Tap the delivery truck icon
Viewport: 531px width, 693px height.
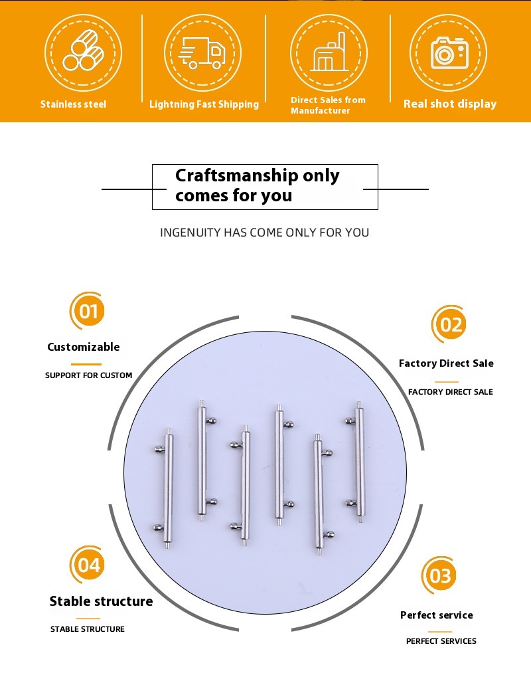point(202,52)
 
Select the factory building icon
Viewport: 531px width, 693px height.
point(329,52)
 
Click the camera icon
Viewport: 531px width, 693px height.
point(449,52)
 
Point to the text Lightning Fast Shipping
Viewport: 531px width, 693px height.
point(204,104)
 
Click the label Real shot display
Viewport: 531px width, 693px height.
point(450,104)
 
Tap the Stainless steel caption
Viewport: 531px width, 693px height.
point(73,104)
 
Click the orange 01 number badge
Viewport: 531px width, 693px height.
point(88,311)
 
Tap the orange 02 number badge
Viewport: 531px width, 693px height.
point(450,324)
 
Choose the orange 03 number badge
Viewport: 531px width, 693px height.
point(439,575)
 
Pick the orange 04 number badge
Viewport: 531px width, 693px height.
point(89,565)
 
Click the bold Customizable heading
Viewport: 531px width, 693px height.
point(84,347)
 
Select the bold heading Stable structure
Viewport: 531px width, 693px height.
point(101,601)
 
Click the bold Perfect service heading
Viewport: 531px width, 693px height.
point(437,615)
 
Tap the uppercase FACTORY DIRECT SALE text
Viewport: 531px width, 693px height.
point(451,392)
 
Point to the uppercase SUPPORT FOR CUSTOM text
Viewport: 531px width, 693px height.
point(89,375)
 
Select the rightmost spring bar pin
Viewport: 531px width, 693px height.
point(356,462)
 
